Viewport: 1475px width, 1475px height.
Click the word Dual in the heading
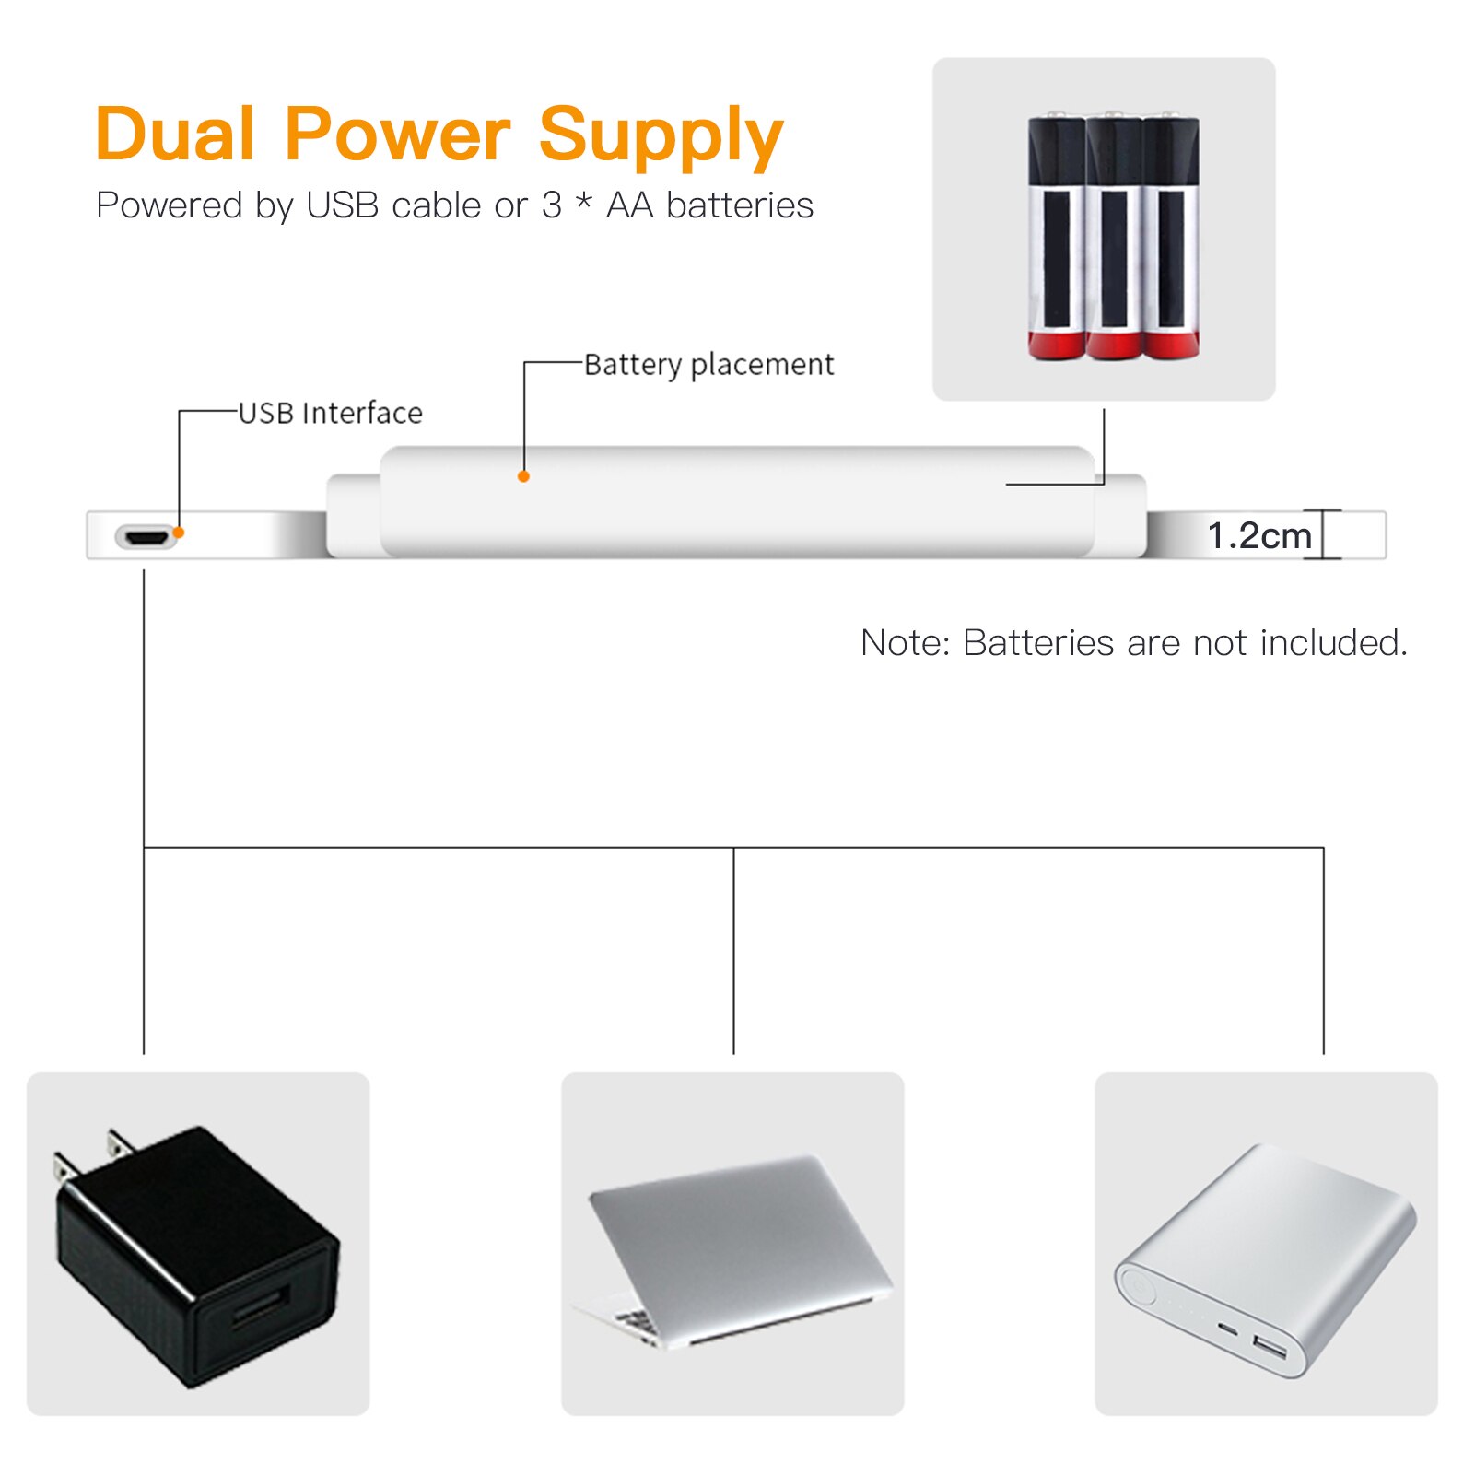point(175,135)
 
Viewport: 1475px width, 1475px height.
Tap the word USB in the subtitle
point(342,205)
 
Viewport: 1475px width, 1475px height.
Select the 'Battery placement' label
point(708,365)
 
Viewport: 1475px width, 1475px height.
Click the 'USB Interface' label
point(330,414)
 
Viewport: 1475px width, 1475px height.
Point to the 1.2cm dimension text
point(1258,535)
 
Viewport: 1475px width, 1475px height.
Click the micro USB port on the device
point(146,536)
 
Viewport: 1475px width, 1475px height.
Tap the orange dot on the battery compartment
point(523,476)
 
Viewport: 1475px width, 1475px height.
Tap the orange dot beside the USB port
point(180,533)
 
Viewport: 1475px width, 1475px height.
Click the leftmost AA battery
point(1056,238)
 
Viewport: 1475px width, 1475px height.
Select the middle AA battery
point(1113,238)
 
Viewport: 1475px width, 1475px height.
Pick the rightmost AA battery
point(1170,238)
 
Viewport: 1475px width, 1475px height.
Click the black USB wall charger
point(197,1262)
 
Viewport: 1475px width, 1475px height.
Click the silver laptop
point(733,1248)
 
